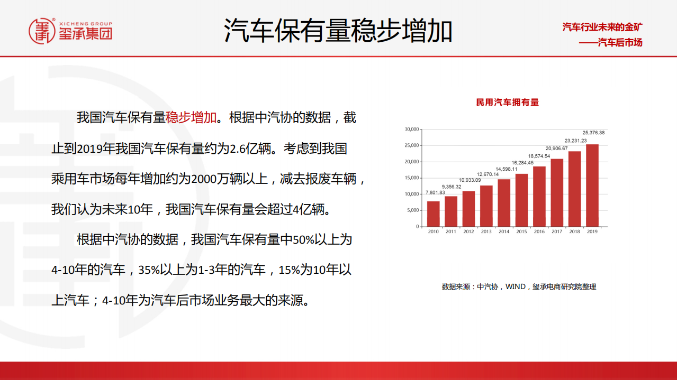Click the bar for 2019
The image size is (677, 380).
[592, 185]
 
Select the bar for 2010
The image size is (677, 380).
[433, 214]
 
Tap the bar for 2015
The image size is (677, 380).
[521, 200]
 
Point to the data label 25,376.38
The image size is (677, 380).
[593, 133]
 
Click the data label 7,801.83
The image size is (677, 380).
[435, 192]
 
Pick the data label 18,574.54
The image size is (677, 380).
[539, 156]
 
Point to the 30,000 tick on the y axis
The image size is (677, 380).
[411, 129]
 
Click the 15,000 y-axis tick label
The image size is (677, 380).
[411, 178]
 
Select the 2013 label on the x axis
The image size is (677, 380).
[486, 231]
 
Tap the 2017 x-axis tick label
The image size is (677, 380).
[557, 231]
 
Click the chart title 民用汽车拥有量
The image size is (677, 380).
[507, 102]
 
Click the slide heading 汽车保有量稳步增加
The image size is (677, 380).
[338, 30]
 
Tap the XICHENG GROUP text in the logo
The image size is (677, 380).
[85, 24]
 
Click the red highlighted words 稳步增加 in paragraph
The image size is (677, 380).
[191, 117]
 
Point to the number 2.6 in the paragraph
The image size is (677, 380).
[236, 149]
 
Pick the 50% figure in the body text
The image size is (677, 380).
[303, 240]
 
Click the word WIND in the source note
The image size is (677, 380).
[516, 286]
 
